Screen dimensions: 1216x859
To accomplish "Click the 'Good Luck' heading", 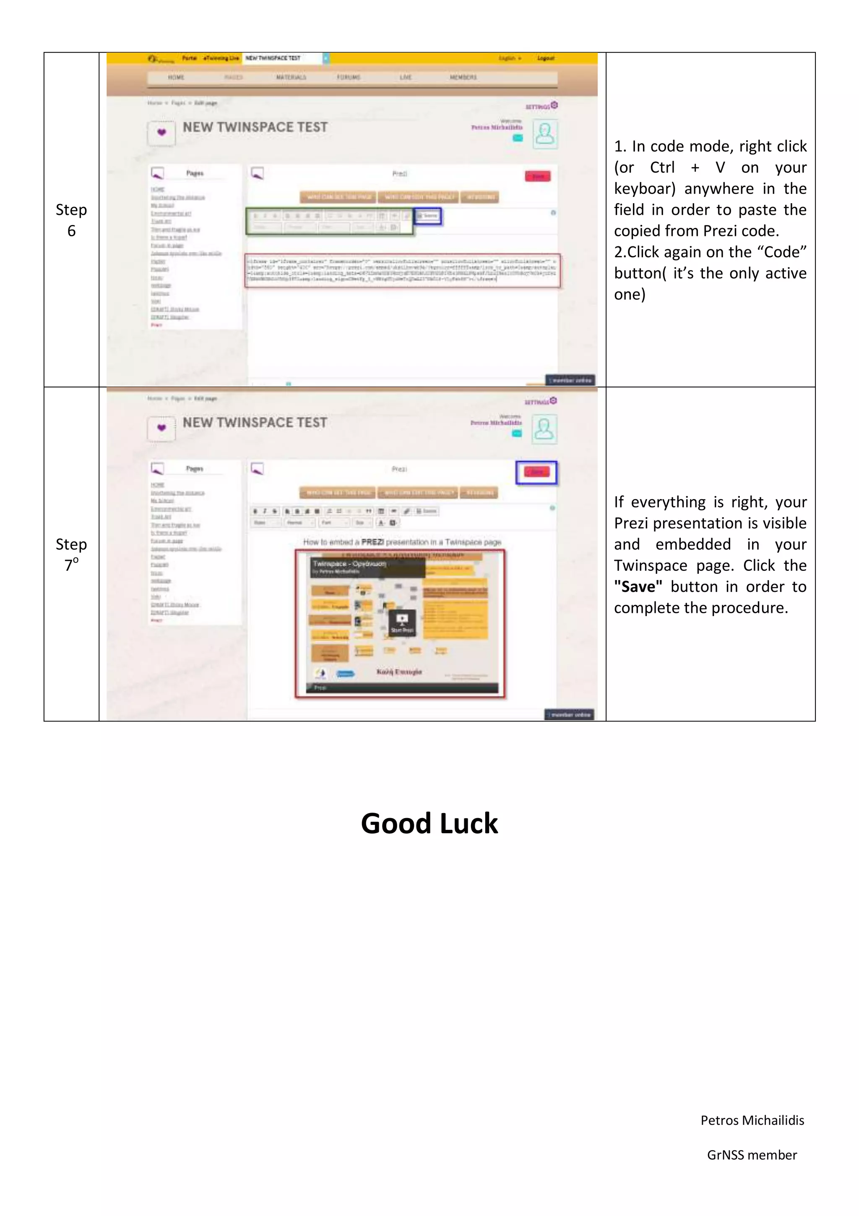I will click(x=429, y=824).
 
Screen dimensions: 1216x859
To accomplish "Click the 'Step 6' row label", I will click(x=71, y=220).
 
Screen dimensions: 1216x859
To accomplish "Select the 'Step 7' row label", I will click(x=71, y=554).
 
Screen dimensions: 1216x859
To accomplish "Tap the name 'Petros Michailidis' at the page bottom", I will click(x=752, y=1120).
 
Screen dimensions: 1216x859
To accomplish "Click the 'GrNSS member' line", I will click(x=752, y=1155).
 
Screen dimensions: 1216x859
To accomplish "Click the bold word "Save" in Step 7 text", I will click(x=638, y=587).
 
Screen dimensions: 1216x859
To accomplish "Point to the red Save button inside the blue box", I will click(x=537, y=472).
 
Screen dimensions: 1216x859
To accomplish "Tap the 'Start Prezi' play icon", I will click(x=402, y=620).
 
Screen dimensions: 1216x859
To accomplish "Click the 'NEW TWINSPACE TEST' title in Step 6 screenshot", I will click(x=255, y=127).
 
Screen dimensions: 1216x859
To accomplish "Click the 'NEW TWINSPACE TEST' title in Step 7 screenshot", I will click(x=255, y=423).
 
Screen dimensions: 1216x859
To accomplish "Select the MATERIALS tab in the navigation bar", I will click(x=291, y=77).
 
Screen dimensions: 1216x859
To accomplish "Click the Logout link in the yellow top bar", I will click(x=545, y=58).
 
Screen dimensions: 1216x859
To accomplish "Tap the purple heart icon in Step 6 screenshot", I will click(x=161, y=132).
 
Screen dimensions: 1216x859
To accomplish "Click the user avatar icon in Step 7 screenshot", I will click(x=544, y=429).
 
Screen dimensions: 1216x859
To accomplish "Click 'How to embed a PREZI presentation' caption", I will click(x=402, y=542).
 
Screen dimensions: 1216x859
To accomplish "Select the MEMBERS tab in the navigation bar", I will click(x=463, y=77).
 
